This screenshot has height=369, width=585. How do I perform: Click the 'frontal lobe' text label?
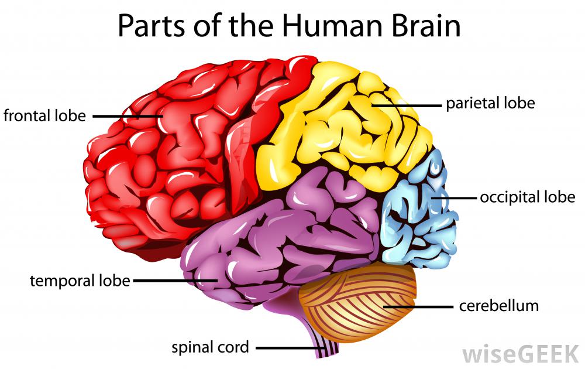point(44,115)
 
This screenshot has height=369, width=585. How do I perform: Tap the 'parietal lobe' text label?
point(490,104)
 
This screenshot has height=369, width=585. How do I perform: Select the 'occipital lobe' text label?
point(527,197)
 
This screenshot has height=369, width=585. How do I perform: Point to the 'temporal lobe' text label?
point(80,281)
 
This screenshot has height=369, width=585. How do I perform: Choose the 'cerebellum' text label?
point(498,305)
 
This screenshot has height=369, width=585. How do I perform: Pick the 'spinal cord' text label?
point(210,347)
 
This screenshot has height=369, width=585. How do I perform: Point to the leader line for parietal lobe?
point(407,105)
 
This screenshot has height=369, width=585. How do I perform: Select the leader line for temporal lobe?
point(175,281)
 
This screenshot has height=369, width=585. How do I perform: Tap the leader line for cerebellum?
point(418,306)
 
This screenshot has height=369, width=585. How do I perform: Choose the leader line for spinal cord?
point(290,347)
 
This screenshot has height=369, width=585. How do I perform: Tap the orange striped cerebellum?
point(357,302)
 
